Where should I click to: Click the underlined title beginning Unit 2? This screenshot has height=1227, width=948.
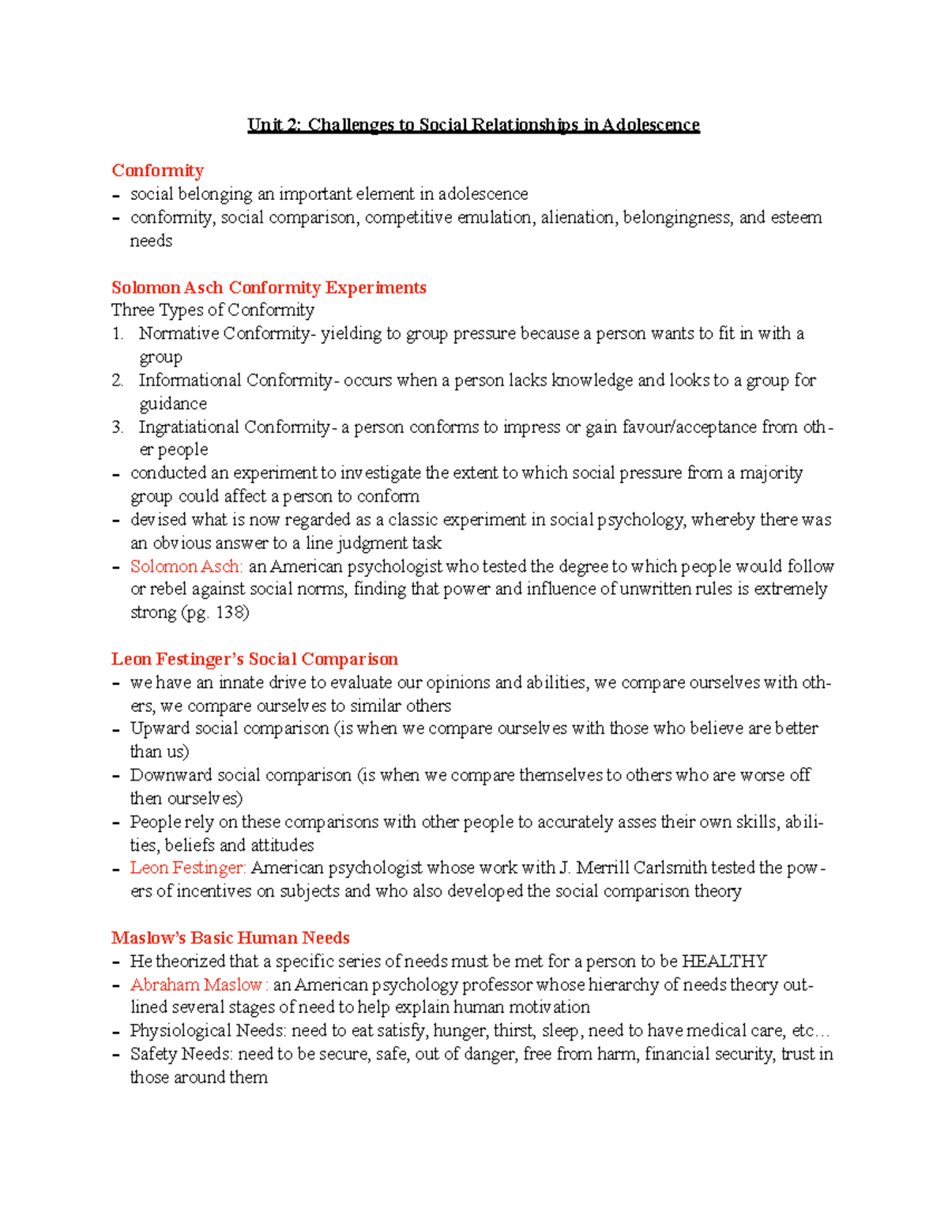[473, 125]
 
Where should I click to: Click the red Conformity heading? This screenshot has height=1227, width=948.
[157, 171]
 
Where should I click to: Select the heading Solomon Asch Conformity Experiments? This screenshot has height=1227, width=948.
[269, 288]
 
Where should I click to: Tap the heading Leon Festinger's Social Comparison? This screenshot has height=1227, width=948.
[254, 659]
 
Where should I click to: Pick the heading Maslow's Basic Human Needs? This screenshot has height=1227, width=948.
[230, 938]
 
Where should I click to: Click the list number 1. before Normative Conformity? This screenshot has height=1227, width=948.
[118, 334]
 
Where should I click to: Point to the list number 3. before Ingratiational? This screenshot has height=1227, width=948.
[118, 427]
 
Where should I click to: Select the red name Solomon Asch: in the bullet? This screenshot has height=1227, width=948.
[186, 566]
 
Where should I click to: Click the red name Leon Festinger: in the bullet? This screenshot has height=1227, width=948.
[188, 868]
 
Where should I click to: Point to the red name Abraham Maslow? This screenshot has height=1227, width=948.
[197, 984]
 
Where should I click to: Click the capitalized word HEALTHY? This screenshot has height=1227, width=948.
[724, 962]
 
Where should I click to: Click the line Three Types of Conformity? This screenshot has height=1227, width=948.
[213, 310]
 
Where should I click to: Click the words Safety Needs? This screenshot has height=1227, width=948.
[182, 1054]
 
